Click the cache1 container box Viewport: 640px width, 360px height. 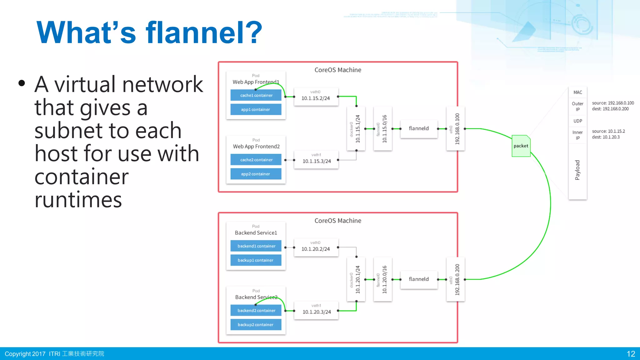coord(256,95)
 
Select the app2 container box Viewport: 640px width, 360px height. coord(256,174)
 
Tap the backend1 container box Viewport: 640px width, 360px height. coord(256,246)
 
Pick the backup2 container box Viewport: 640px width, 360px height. coord(256,325)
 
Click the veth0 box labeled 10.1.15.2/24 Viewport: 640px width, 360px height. coord(316,97)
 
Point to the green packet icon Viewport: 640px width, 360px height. coord(521,146)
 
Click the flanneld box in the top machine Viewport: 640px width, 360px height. coord(419,128)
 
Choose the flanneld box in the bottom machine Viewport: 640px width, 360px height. coord(419,279)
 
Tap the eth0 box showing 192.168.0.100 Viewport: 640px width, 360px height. coord(455,129)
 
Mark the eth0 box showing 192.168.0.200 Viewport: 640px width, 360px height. coord(455,279)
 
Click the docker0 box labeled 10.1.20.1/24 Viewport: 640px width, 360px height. coord(356,279)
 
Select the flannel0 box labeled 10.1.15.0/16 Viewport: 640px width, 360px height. coord(382,129)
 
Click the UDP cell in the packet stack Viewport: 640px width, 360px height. coord(577,121)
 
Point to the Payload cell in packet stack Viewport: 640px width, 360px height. coord(577,170)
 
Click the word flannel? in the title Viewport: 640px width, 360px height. coord(204,32)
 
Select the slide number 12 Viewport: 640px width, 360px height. coord(631,354)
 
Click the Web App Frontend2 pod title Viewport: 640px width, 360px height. coord(256,147)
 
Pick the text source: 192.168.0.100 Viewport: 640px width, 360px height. coord(613,103)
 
